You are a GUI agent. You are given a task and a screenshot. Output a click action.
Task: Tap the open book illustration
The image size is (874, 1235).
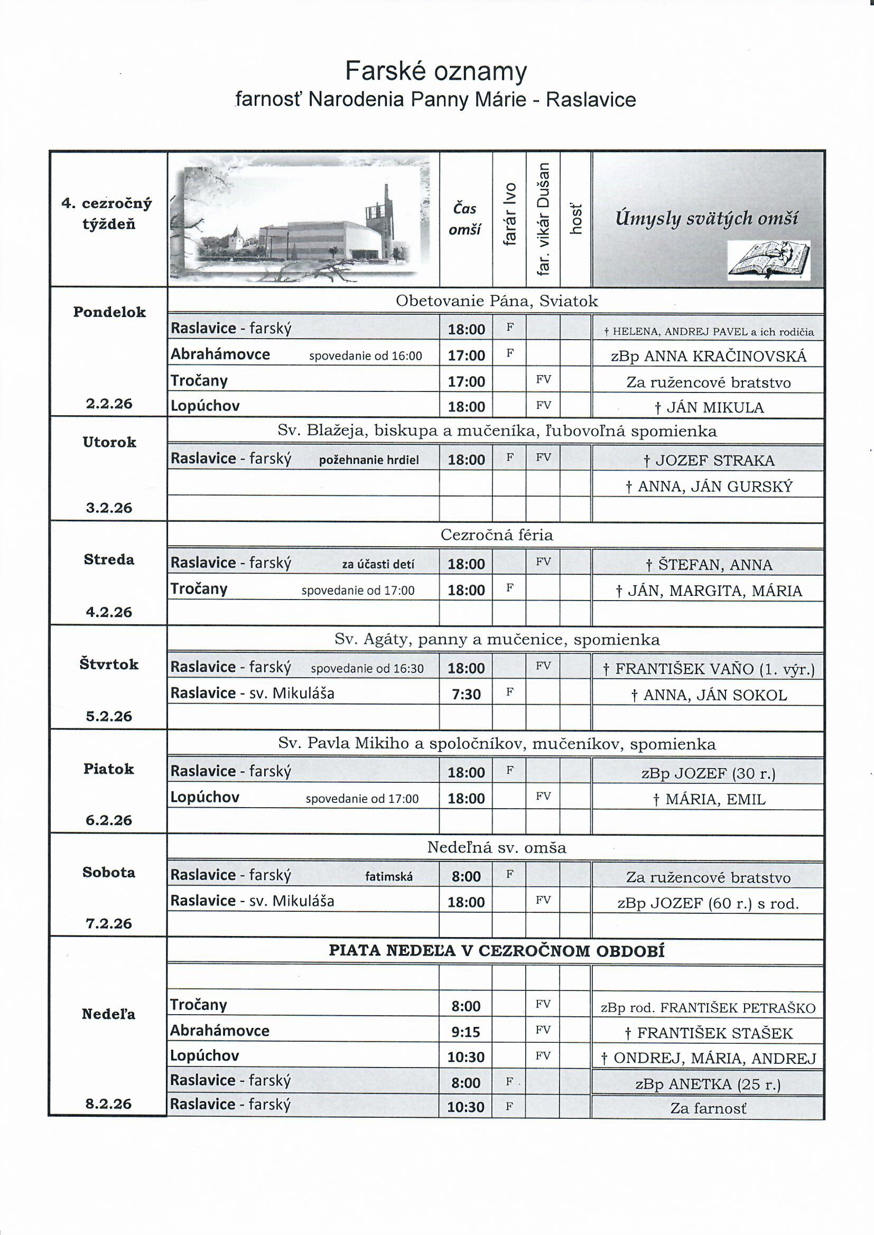(768, 260)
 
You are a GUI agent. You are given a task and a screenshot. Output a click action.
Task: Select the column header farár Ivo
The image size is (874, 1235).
(509, 214)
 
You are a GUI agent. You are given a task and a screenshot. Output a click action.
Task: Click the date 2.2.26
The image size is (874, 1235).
(109, 404)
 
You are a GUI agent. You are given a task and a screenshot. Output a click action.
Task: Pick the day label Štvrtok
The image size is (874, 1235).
(109, 665)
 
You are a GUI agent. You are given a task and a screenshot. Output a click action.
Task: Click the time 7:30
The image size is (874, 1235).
(466, 694)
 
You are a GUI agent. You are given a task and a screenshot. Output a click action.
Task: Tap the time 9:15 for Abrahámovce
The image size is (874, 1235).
(466, 1032)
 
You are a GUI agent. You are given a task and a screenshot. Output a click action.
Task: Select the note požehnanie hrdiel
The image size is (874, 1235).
(369, 460)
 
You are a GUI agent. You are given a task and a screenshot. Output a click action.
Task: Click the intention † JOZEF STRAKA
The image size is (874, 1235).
(709, 461)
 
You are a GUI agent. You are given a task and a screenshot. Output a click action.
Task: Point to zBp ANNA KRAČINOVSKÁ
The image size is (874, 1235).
(708, 356)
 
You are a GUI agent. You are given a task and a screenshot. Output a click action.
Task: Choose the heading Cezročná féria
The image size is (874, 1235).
(496, 535)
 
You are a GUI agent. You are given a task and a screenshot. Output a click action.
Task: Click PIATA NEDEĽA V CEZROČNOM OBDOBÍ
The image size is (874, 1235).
(496, 951)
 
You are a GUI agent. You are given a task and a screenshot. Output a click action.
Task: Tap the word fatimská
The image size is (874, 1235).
(388, 877)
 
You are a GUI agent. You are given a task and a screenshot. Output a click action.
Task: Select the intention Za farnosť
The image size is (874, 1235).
(708, 1108)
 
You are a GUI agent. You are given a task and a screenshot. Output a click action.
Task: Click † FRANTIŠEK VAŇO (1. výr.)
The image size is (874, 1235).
(708, 669)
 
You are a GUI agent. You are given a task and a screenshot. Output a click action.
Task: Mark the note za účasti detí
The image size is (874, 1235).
(378, 564)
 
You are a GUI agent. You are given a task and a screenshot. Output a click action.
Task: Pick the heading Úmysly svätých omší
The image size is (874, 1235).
(706, 218)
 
